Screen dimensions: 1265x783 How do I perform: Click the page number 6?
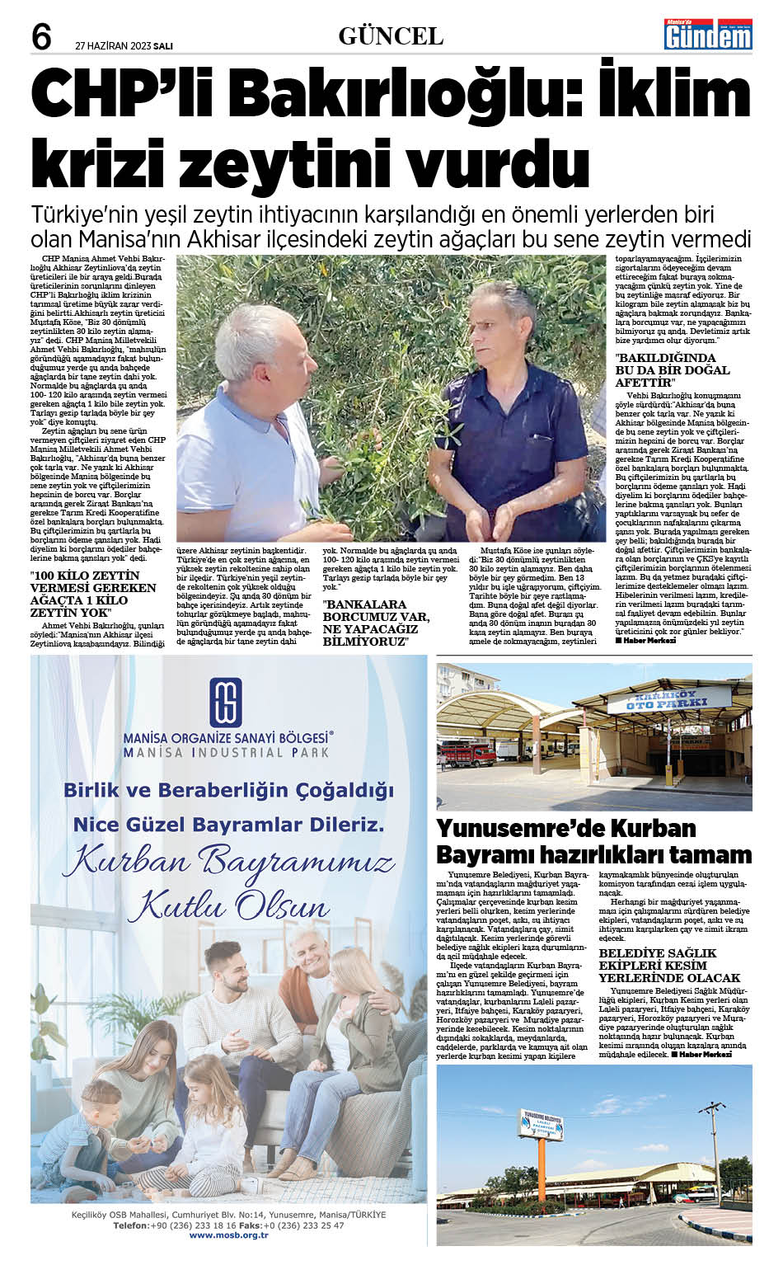coord(41,37)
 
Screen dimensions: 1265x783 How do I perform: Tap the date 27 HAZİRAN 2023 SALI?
coord(124,46)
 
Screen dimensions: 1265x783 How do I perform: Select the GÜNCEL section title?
coord(391,36)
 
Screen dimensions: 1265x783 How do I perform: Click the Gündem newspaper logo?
coord(708,34)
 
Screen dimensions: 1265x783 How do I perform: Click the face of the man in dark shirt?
coord(504,325)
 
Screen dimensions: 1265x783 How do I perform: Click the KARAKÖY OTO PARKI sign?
coord(668,703)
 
